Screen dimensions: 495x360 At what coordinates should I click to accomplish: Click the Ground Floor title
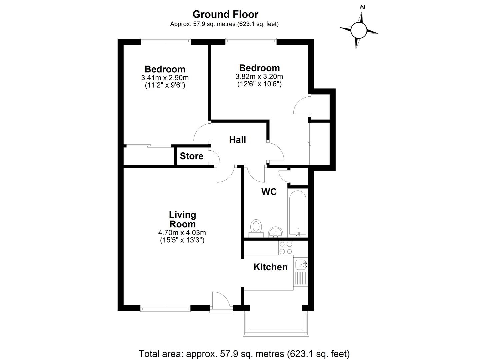point(225,15)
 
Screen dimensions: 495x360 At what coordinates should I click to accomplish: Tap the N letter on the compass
point(363,7)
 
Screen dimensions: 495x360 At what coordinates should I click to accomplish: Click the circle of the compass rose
point(359,30)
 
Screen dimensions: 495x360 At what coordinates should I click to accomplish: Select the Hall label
point(237,140)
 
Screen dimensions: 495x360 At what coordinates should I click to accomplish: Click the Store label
point(191,156)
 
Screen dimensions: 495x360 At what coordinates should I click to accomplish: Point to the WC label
point(269,192)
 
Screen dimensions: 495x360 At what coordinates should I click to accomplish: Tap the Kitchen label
point(270,267)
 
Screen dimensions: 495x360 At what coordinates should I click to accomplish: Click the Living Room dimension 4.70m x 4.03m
point(182,233)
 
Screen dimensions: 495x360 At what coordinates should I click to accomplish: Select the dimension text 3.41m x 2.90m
point(165,78)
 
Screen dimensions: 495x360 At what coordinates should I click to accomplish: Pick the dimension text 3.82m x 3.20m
point(259,76)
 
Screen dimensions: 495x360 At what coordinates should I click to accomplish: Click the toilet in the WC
point(256,228)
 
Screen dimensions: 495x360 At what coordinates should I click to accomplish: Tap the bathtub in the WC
point(298,213)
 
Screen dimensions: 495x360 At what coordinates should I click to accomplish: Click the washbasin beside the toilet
point(276,232)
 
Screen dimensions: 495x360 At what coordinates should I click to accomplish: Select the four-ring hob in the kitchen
point(286,248)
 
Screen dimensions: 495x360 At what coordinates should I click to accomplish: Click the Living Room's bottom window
point(165,308)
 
